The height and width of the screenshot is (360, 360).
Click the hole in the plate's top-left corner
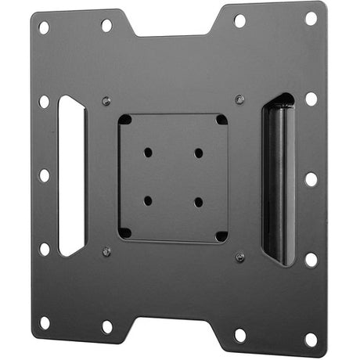coord(44,27)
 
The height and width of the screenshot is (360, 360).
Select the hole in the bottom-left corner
coord(45,322)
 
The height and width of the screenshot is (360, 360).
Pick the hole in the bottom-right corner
coord(311,339)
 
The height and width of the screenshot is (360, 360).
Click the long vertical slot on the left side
coord(71,176)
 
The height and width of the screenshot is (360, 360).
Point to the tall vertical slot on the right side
coord(278,178)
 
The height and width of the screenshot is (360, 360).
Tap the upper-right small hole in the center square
coord(199,152)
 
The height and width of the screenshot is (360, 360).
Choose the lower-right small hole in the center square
coord(199,202)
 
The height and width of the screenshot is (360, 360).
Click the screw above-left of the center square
coord(106,101)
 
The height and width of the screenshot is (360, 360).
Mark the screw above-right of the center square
coord(239,99)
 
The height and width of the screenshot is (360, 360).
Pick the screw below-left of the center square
coord(106,251)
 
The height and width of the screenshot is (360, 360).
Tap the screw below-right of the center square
coord(240,256)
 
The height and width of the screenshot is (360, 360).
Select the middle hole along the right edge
coord(311,178)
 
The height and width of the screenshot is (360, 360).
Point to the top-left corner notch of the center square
coord(125,121)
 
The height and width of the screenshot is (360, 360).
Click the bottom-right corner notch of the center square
coord(221,235)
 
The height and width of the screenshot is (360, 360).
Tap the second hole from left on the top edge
coord(106,25)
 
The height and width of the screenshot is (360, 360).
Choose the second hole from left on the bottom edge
coord(107,326)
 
